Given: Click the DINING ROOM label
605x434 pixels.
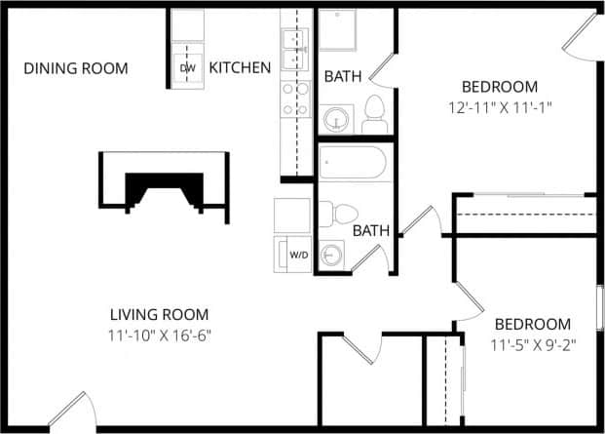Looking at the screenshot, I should pos(76,68).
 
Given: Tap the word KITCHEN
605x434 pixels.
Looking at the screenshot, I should pos(240,68).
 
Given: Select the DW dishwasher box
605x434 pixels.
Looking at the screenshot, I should pos(188,67).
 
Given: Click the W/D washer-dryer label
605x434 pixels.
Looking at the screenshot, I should pos(298,255).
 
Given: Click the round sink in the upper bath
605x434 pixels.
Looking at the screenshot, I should pos(337,119).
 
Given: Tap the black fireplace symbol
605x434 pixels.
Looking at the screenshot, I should pos(164,185).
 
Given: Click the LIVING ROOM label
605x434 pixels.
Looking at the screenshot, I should pos(159,314).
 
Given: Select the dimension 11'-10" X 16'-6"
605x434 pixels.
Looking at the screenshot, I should pos(160,335).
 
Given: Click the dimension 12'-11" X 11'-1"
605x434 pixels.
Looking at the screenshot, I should pos(500,106).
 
